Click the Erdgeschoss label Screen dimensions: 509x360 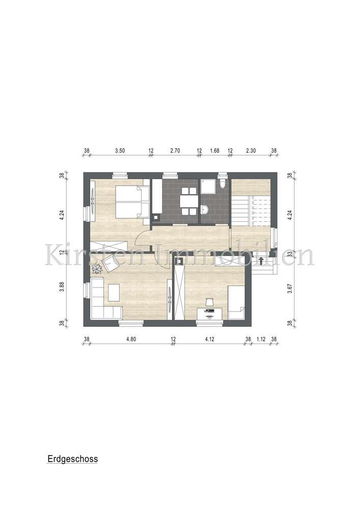[x=72, y=459]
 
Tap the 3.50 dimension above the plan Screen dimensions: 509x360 [x=120, y=151]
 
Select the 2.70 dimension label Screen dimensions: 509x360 [x=175, y=151]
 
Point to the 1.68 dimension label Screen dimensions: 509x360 [x=214, y=151]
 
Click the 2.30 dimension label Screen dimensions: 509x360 [x=252, y=151]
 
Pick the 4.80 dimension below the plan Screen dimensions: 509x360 [x=130, y=338]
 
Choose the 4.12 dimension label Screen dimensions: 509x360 [x=210, y=338]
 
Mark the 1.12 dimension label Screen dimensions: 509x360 [x=261, y=338]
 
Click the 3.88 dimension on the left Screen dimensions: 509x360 [x=62, y=286]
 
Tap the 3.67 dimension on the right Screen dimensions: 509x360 [x=289, y=289]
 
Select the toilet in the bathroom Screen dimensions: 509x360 [x=222, y=183]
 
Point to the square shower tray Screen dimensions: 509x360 [x=208, y=188]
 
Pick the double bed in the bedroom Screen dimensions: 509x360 [x=132, y=202]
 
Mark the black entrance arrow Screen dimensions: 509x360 [x=261, y=262]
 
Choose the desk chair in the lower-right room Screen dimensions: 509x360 [x=209, y=303]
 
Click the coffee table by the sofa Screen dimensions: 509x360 [x=113, y=293]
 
